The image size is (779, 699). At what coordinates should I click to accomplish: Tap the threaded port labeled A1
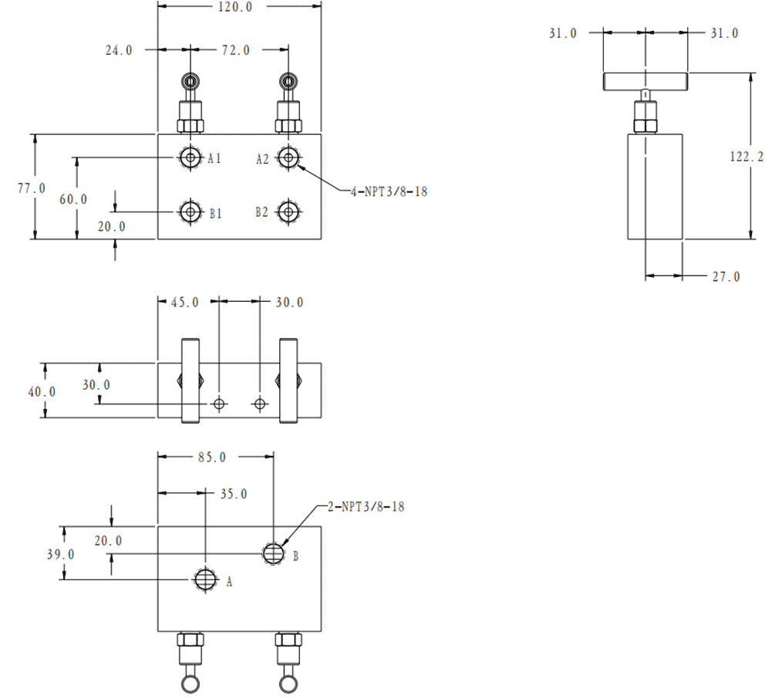pos(190,158)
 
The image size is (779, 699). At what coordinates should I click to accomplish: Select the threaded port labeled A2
pos(288,158)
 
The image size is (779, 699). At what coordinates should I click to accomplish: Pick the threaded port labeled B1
pos(190,211)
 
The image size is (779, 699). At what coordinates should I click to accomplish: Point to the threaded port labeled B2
pos(288,211)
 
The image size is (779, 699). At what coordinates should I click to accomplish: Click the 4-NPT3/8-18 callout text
pos(389,191)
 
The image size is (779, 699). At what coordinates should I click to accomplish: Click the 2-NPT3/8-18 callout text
pos(366,507)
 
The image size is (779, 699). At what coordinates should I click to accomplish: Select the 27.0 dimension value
pos(726,276)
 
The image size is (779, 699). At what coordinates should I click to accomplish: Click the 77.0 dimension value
pos(32,187)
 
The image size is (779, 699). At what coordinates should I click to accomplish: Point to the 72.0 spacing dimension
pos(236,50)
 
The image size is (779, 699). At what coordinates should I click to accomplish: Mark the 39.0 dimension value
pos(61,554)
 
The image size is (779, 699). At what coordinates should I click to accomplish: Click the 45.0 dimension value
pos(184,302)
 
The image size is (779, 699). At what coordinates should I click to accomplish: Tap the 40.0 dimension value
pos(42,392)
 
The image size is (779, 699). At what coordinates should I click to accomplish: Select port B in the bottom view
pos(273,552)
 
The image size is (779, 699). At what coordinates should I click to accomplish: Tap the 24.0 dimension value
pos(119,50)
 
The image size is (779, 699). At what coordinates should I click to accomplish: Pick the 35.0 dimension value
pos(234,494)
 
